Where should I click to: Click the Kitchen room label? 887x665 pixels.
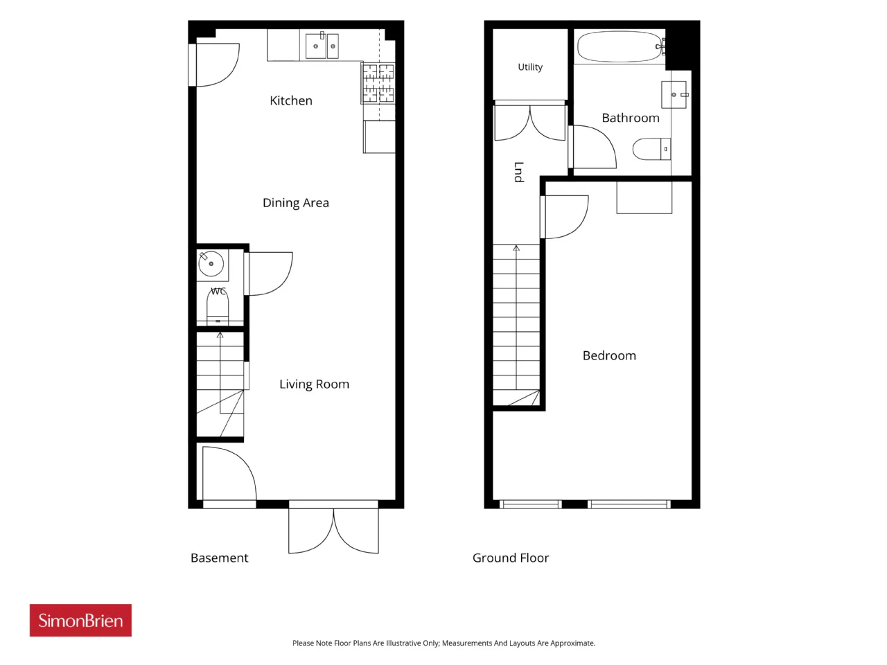[291, 100]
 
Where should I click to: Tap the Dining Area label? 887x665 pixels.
[296, 203]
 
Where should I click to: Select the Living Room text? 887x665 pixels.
[315, 384]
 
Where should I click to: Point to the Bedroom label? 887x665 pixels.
[609, 356]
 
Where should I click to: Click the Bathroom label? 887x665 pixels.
[631, 118]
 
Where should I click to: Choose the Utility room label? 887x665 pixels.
[530, 67]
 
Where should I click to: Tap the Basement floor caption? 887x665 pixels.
[220, 558]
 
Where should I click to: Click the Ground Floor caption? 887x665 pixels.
[511, 558]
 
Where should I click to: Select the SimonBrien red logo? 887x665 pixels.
[80, 621]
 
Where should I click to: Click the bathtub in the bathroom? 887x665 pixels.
[620, 46]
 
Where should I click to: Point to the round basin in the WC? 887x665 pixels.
[211, 264]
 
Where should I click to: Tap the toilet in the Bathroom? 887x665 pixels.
[651, 149]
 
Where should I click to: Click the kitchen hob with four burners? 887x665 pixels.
[378, 82]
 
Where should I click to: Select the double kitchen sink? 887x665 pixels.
[322, 46]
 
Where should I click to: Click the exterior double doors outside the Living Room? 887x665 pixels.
[333, 531]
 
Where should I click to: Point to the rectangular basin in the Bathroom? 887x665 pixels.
[674, 95]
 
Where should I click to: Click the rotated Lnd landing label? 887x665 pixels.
[519, 172]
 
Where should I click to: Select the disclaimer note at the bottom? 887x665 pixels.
[443, 643]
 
